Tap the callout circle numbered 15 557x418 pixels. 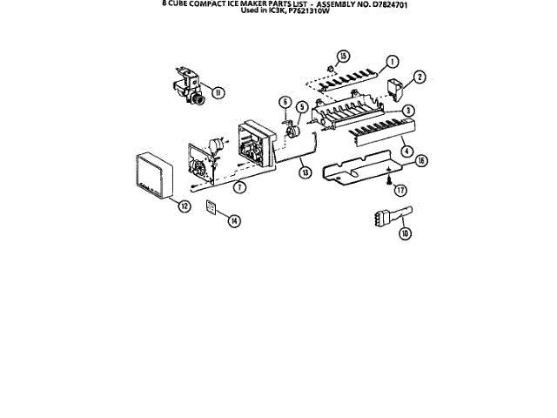(343, 57)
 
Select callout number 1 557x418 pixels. (393, 62)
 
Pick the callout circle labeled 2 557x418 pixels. (419, 78)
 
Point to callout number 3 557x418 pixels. (407, 111)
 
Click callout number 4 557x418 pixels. (406, 151)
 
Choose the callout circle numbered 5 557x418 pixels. (301, 109)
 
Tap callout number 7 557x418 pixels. (240, 185)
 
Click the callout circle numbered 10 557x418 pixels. (405, 233)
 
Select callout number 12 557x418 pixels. (185, 206)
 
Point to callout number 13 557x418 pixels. (305, 172)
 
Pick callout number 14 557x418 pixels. (234, 220)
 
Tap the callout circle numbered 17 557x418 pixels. (401, 189)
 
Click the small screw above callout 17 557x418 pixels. (387, 179)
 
